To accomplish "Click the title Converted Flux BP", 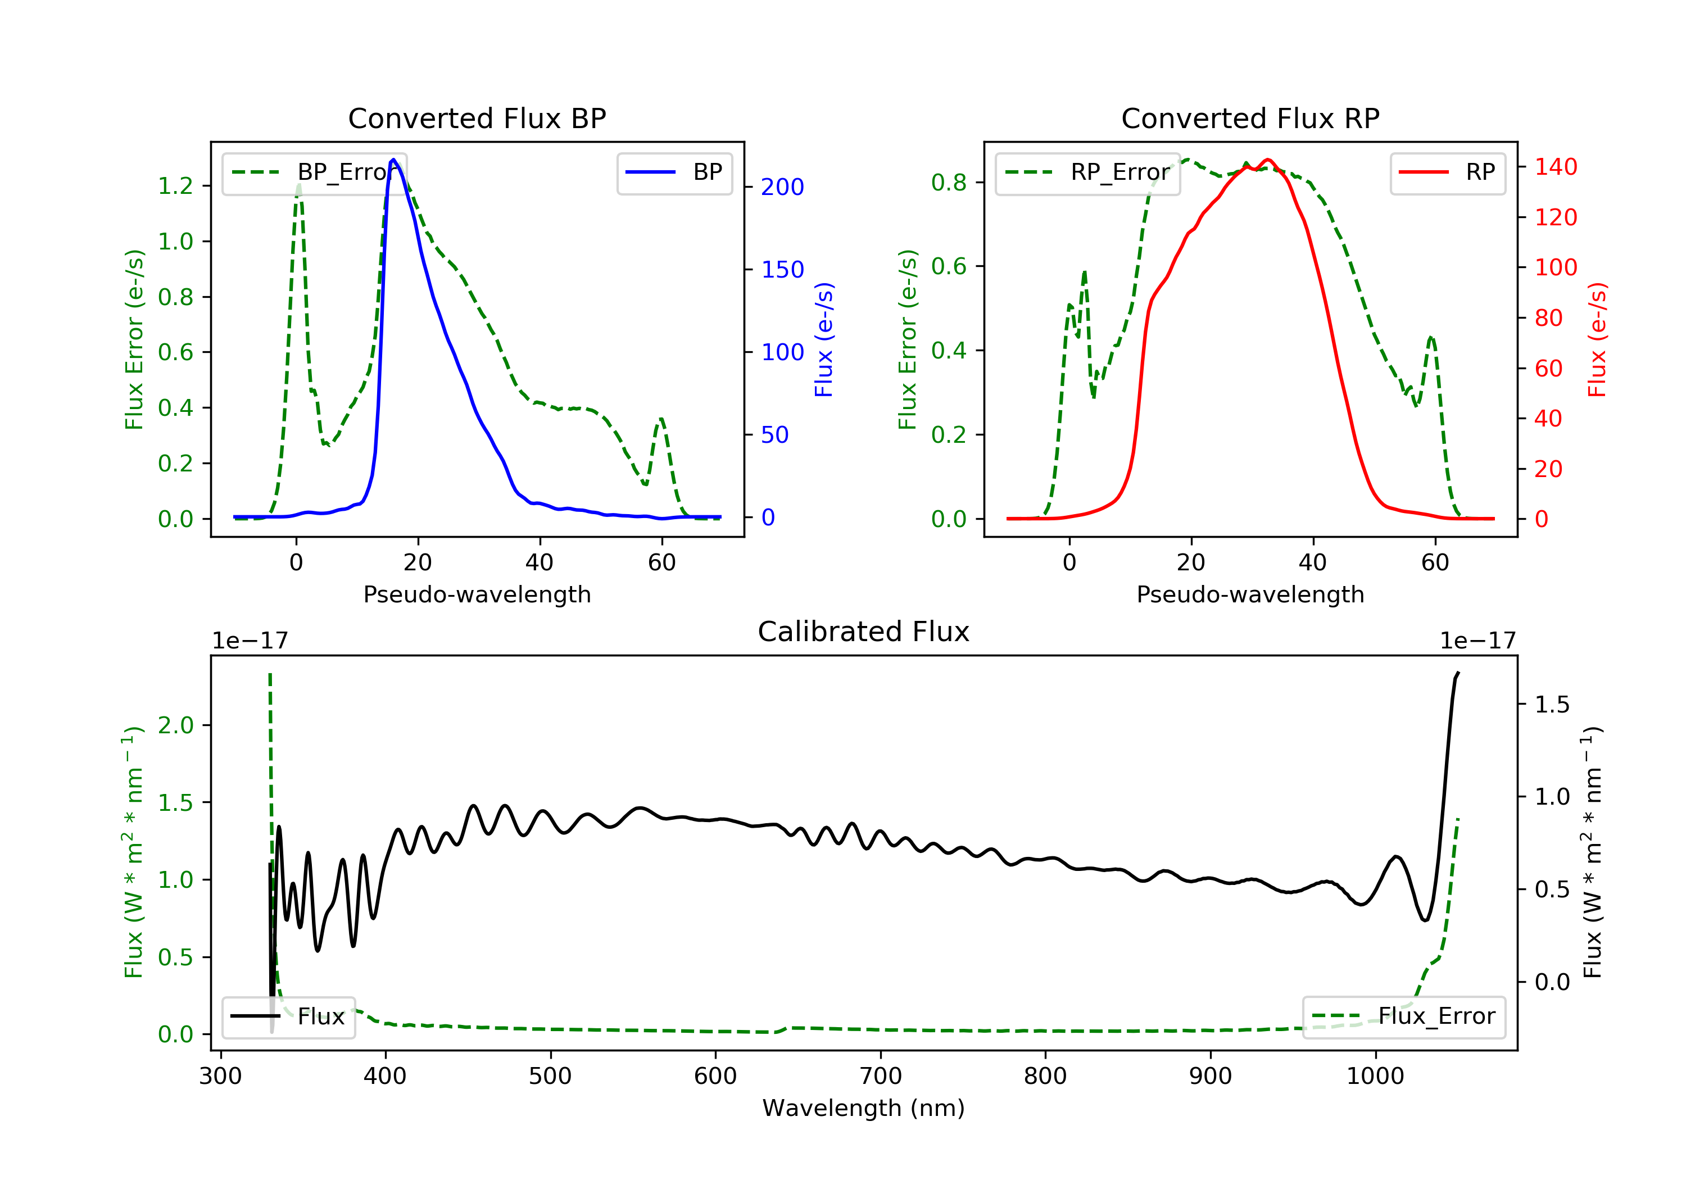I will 477,118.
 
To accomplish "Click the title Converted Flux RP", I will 1250,118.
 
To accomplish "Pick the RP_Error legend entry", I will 1087,173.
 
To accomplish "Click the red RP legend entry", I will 1447,173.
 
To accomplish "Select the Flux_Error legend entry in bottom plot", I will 1403,1016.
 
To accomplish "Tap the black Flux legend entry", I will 289,1016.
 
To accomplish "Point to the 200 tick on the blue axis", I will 782,187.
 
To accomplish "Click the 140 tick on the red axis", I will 1555,167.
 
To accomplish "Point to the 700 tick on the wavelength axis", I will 881,1077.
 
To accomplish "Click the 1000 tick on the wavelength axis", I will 1375,1077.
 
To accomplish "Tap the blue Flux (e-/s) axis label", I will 824,339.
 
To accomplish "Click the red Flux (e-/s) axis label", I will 1597,339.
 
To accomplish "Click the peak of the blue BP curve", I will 393,160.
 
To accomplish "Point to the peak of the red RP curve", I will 1268,160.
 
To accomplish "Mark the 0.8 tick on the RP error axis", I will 949,182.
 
